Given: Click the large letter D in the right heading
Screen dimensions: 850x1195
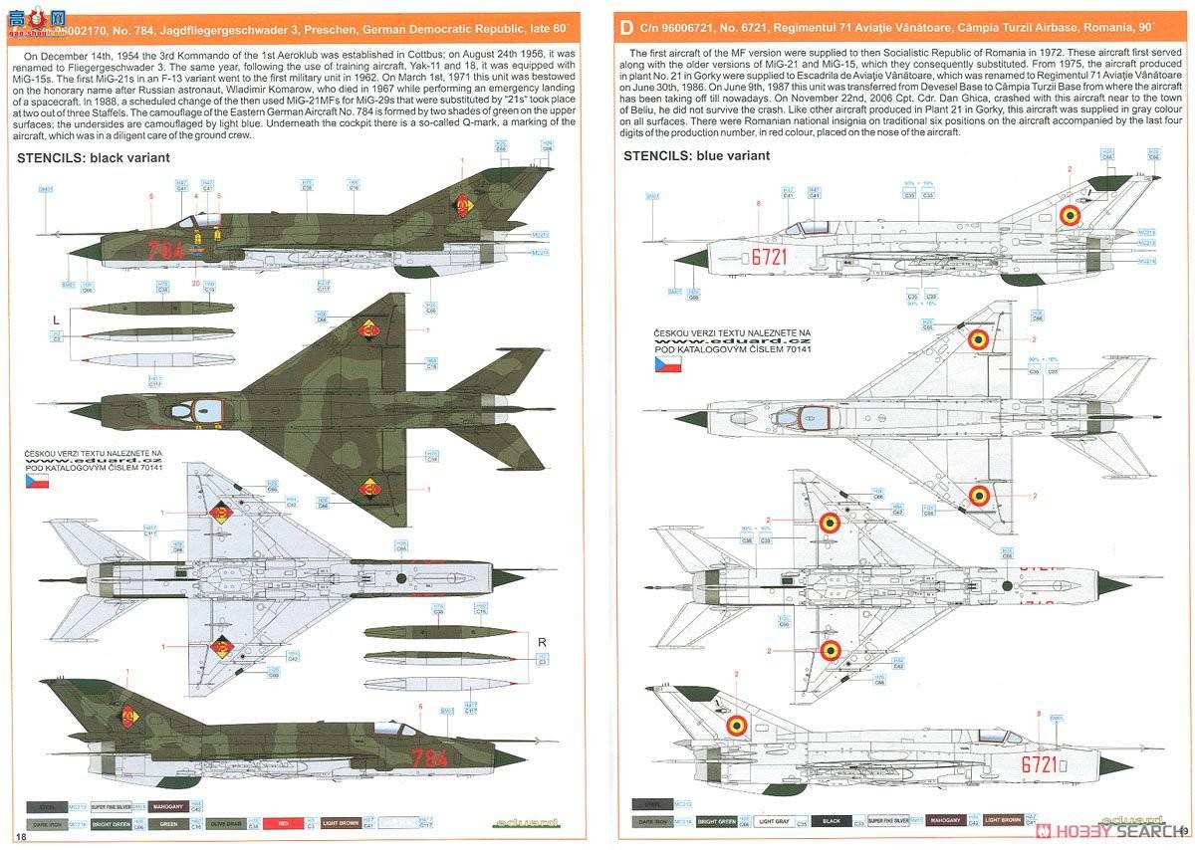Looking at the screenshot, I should [625, 27].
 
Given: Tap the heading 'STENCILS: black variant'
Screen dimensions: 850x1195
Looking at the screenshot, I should [94, 157].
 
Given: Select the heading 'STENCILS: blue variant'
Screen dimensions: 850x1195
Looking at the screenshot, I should [696, 156].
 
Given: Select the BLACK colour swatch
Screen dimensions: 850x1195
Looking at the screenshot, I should [831, 822].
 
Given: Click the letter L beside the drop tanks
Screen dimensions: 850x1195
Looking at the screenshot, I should [57, 318].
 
